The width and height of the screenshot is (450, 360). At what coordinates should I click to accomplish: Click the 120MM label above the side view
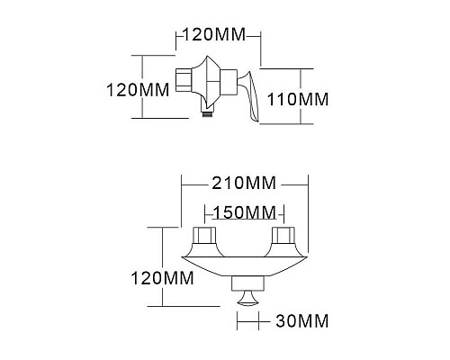(216, 36)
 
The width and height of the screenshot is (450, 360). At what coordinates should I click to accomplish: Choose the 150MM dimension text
(244, 212)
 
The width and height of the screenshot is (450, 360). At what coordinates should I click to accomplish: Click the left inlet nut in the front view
(203, 239)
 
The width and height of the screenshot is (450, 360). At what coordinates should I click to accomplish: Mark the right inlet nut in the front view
(286, 239)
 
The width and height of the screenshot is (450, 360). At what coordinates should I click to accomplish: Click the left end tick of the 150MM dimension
(204, 213)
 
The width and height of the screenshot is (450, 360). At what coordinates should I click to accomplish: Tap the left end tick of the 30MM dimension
(235, 319)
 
